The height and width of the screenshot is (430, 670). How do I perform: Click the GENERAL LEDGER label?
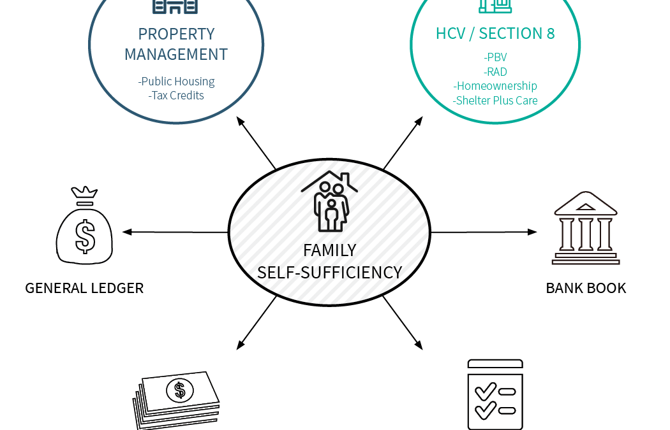[x=84, y=289]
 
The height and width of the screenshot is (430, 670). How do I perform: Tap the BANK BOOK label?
[x=586, y=289]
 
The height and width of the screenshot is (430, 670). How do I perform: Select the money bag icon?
[x=85, y=226]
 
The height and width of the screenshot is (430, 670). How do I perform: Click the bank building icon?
[x=586, y=228]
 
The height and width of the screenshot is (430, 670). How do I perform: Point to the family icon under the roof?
[x=330, y=201]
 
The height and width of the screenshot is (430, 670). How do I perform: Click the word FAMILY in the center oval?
[x=329, y=250]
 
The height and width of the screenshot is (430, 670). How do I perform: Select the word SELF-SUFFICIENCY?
[x=329, y=273]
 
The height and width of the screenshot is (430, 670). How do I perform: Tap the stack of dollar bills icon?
[x=176, y=400]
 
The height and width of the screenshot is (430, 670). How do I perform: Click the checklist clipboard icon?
[x=495, y=394]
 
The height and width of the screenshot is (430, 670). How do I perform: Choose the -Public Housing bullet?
[x=176, y=82]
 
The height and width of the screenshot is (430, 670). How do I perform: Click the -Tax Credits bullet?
[x=176, y=95]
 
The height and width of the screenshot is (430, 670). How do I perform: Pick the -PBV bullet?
[x=495, y=57]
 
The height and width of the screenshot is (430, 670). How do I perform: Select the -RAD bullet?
[x=495, y=71]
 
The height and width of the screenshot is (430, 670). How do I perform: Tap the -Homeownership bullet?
[x=495, y=86]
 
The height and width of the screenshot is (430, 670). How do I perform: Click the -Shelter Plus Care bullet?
[x=495, y=100]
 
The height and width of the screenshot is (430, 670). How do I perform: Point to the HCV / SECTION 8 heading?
[x=495, y=33]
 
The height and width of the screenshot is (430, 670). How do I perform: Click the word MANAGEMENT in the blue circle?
[x=176, y=55]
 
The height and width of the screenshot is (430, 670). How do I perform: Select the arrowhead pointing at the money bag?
[x=127, y=232]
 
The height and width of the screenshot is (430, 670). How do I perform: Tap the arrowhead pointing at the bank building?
[x=532, y=232]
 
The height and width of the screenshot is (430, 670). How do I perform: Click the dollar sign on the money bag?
[x=85, y=236]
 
